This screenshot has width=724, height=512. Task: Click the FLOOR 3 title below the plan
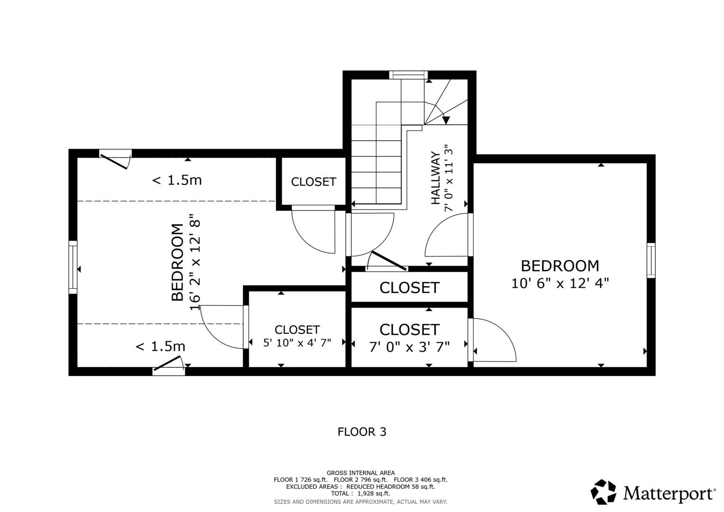(362, 432)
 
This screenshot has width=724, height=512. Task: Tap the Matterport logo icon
(603, 492)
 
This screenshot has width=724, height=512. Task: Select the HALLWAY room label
(435, 178)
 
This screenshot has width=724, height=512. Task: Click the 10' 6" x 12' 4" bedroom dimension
(560, 283)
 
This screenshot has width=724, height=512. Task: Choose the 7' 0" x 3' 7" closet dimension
(409, 347)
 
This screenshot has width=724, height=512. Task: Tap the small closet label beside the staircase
(313, 182)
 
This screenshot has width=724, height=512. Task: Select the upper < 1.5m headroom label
(177, 180)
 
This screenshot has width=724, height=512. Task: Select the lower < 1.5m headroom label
(160, 347)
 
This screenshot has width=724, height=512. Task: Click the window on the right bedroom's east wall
(651, 260)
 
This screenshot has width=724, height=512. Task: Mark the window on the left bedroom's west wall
(73, 267)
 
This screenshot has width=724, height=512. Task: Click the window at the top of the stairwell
(408, 74)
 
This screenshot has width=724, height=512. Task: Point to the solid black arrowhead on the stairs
(446, 120)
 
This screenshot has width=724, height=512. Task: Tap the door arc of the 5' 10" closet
(220, 327)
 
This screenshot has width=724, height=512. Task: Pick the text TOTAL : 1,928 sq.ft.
(360, 494)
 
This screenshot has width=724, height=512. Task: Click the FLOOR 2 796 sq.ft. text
(360, 480)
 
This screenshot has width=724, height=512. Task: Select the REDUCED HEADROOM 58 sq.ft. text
(390, 487)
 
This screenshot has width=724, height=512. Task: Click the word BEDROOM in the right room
(560, 265)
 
